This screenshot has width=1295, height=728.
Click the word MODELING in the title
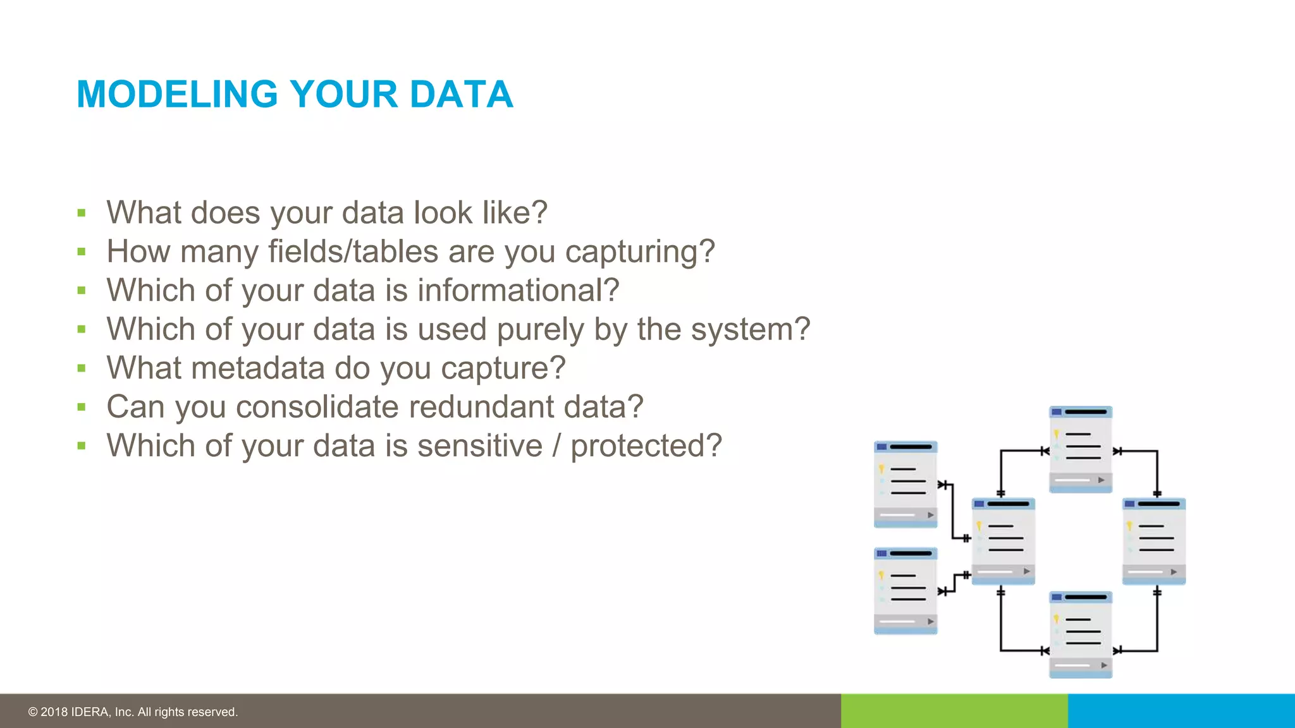(177, 95)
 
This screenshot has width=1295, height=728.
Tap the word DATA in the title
(461, 95)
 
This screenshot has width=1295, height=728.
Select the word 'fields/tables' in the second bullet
(353, 252)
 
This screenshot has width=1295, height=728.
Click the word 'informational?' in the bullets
(518, 291)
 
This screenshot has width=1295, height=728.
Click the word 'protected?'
(646, 447)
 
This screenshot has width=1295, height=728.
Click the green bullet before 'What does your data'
(82, 213)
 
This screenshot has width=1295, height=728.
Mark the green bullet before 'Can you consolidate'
(82, 407)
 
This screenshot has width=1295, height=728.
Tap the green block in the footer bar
(954, 711)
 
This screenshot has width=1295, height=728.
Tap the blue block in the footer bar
(1181, 711)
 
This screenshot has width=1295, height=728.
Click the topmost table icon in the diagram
(1080, 449)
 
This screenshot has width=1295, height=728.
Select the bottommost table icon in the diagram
(1080, 634)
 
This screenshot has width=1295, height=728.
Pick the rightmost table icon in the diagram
(1153, 541)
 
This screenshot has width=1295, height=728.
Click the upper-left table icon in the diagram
(905, 484)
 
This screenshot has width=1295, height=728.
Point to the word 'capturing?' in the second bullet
(639, 252)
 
